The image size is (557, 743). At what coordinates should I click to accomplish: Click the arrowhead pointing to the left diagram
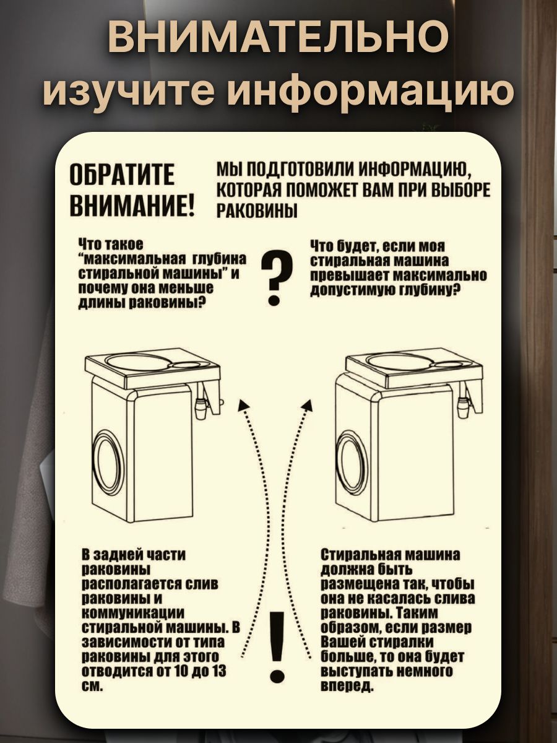(244, 404)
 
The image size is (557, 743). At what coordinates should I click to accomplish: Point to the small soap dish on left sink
(186, 365)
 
